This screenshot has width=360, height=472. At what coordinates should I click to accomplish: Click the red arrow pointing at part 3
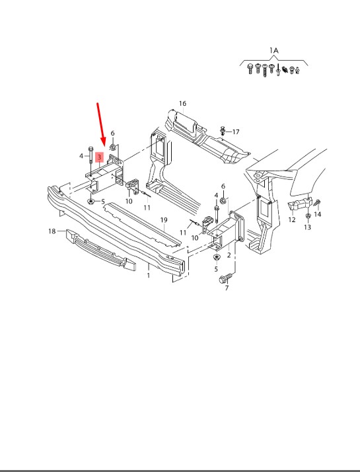[101, 124]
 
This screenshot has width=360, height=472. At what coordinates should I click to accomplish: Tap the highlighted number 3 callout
[99, 157]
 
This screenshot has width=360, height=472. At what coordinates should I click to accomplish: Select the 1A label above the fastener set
[273, 50]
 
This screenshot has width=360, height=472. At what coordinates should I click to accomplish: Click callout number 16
[182, 104]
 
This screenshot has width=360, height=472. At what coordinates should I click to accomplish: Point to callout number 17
[236, 132]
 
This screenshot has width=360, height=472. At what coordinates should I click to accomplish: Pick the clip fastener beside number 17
[223, 130]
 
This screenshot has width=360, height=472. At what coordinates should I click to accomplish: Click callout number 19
[164, 220]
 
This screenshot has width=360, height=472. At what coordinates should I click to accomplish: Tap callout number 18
[52, 231]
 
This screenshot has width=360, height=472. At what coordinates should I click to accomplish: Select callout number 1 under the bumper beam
[148, 275]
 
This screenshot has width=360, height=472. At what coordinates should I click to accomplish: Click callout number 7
[227, 288]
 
